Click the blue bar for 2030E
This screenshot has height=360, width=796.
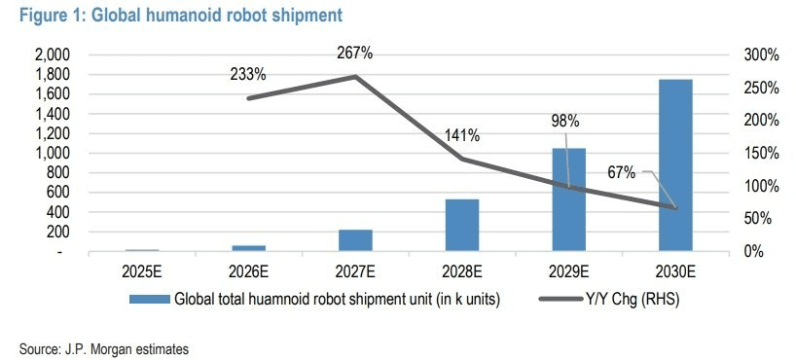(675, 165)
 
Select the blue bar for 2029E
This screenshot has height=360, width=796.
(568, 199)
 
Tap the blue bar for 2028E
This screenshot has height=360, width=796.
(462, 225)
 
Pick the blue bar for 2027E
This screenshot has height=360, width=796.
(355, 240)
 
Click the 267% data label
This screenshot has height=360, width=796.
(355, 53)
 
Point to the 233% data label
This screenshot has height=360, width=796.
(248, 75)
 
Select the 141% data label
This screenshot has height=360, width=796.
(462, 135)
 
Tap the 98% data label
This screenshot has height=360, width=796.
(565, 121)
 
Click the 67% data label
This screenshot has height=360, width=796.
(622, 172)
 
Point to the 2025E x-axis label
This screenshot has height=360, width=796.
(142, 271)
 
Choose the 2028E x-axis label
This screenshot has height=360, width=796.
(462, 271)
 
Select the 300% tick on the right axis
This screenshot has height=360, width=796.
(762, 54)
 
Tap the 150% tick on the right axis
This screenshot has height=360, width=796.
(762, 154)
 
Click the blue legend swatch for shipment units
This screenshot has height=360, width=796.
(150, 300)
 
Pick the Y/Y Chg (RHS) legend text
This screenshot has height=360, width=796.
(632, 300)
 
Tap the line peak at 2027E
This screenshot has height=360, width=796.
(355, 76)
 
